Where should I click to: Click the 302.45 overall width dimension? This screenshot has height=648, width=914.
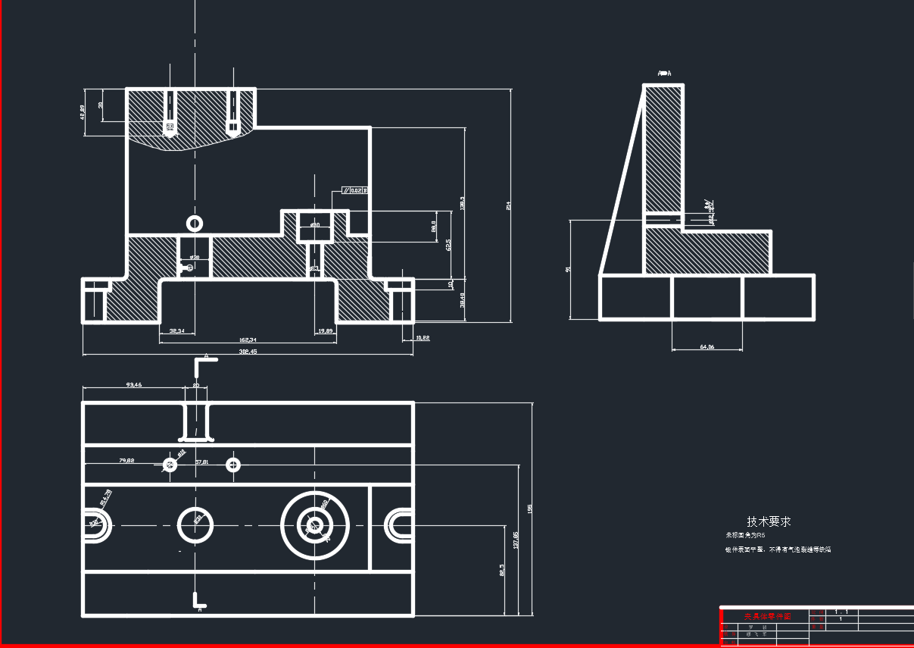click(248, 352)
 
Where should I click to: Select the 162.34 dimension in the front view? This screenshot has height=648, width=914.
click(248, 340)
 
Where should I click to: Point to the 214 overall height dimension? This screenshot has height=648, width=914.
click(508, 205)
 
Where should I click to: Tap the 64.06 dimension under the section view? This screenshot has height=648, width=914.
click(707, 347)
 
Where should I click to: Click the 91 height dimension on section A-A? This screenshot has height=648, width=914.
click(568, 268)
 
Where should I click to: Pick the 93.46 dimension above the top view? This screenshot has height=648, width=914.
click(133, 385)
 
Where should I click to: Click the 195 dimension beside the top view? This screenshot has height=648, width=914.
click(529, 508)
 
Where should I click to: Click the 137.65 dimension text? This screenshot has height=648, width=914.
click(516, 540)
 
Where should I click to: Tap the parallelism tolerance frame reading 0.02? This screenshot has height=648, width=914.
click(354, 190)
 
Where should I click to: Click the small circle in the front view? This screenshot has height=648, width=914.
click(195, 223)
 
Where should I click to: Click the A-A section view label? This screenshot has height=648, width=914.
click(664, 74)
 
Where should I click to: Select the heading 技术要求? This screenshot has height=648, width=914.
click(769, 521)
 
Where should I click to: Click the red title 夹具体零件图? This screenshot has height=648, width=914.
click(766, 617)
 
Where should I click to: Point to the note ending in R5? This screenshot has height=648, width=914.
click(746, 535)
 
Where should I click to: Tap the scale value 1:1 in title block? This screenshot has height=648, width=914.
click(841, 611)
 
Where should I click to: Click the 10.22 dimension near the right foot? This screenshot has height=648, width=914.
click(422, 338)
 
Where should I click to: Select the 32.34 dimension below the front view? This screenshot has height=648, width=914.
click(178, 331)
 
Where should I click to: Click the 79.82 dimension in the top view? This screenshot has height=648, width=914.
click(126, 461)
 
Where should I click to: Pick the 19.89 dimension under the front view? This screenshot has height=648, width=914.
click(326, 331)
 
